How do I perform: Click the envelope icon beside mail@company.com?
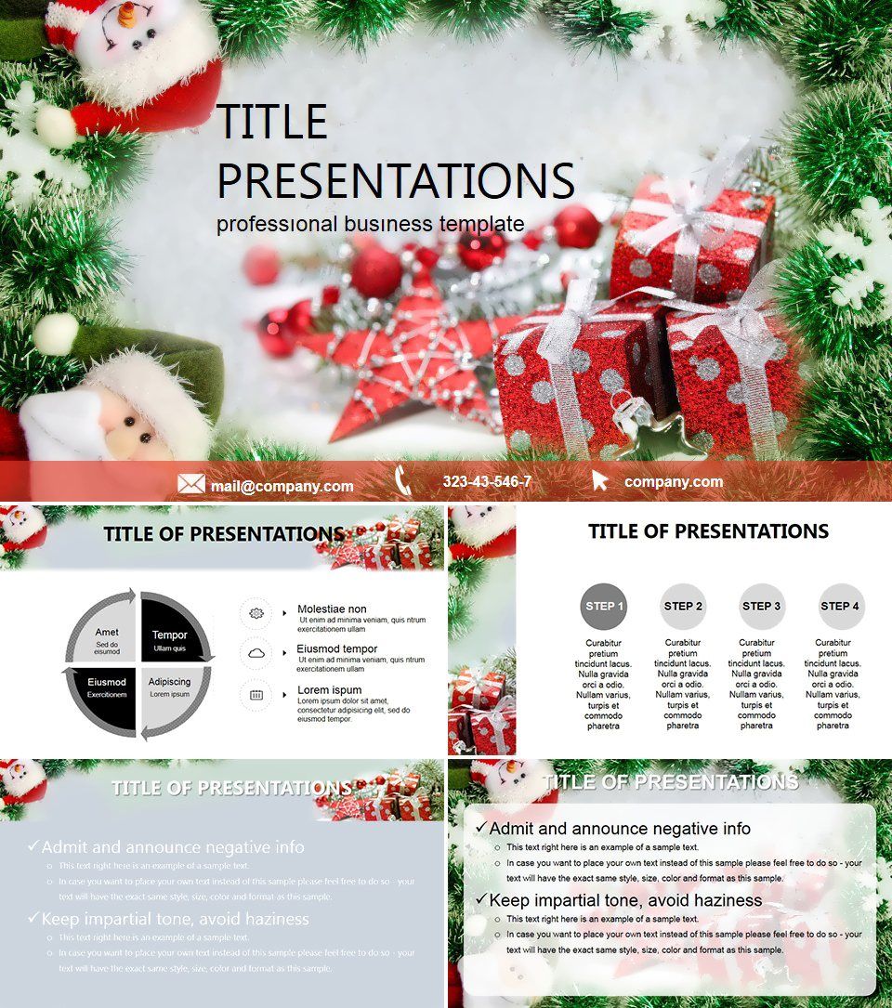[190, 484]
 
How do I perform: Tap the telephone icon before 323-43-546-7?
[403, 480]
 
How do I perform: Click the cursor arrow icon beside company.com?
[600, 480]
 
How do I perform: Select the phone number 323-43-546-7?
[487, 481]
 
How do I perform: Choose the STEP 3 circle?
[762, 607]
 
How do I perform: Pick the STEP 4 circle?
[841, 607]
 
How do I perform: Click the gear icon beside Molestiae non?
[256, 613]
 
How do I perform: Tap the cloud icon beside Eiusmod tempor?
[256, 654]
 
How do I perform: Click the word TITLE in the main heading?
[272, 123]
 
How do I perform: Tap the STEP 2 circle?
[683, 607]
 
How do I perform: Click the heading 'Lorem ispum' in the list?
[330, 690]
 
